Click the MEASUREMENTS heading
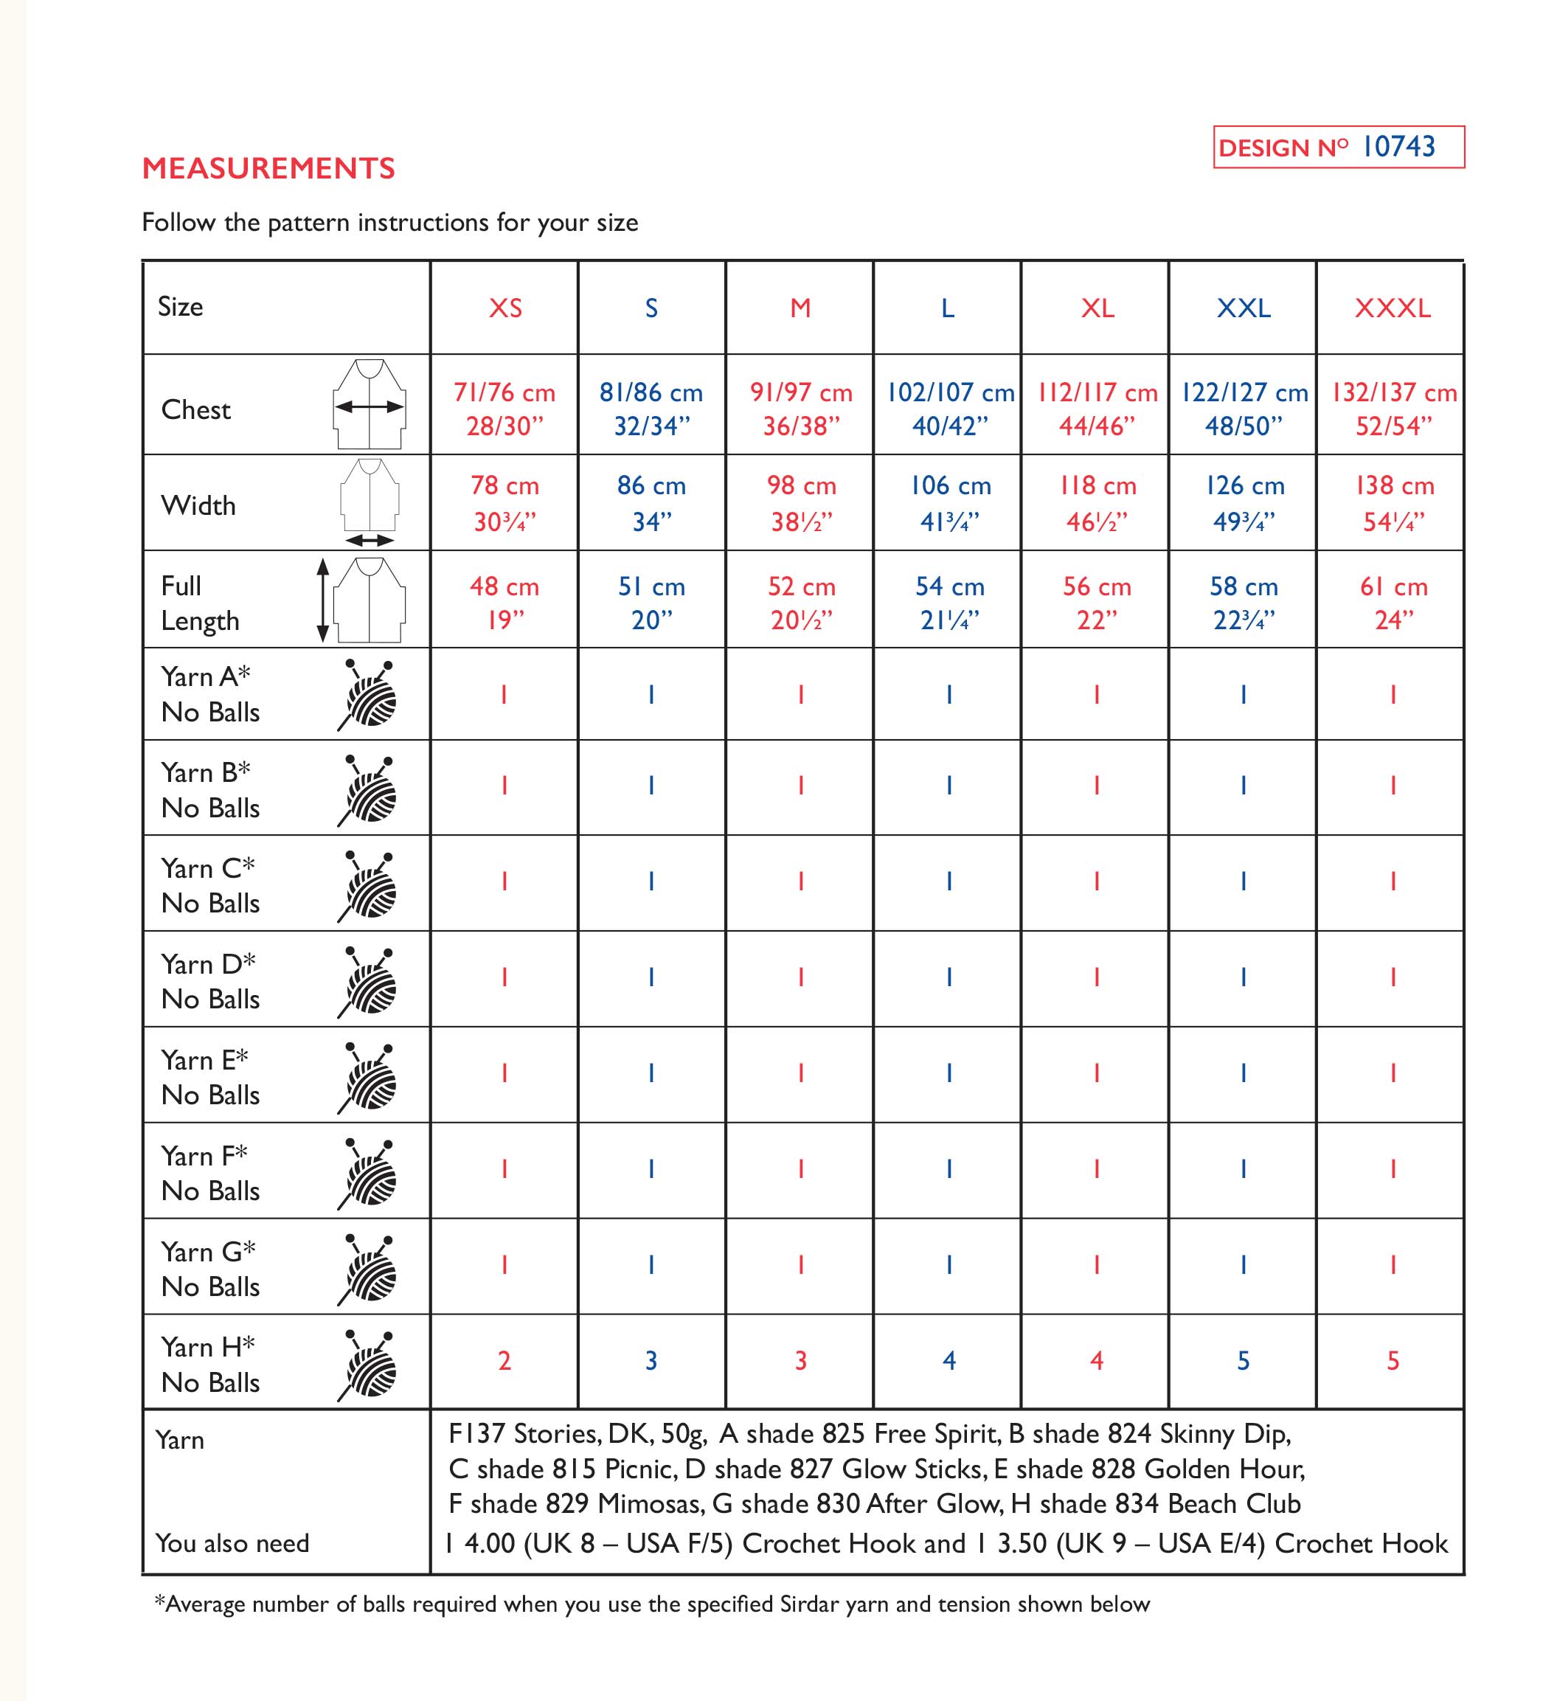click(268, 169)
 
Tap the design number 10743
click(1398, 147)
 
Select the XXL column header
click(1244, 308)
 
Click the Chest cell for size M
click(800, 409)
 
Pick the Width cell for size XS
click(504, 504)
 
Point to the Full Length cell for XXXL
click(1393, 603)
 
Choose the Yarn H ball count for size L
click(949, 1360)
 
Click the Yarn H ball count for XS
click(504, 1360)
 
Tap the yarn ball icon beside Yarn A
click(369, 694)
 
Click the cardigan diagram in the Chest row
click(370, 404)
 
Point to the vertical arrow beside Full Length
click(322, 600)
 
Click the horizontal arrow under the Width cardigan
click(370, 540)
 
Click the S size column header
click(651, 308)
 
